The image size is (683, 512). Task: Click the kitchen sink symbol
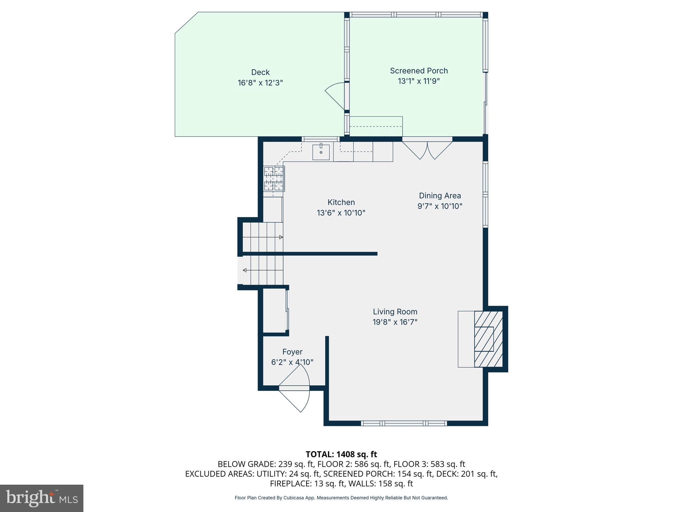[321, 152]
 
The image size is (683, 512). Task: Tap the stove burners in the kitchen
[274, 179]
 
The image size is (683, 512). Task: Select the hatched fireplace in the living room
[488, 339]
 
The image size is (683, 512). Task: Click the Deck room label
[260, 72]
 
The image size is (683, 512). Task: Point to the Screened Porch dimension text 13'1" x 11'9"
[419, 81]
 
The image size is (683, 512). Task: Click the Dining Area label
[440, 196]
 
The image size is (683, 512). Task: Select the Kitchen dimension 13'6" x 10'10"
[341, 213]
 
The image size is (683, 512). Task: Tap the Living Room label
[395, 312]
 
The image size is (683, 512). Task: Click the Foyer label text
[292, 352]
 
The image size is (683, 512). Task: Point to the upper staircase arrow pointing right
[281, 237]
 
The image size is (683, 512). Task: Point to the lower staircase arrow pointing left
[245, 270]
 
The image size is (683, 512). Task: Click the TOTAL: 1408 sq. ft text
[341, 454]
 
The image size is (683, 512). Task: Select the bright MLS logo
[41, 498]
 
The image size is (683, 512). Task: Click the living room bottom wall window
[404, 423]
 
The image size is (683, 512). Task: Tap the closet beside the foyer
[275, 310]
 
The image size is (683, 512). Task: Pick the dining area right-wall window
[485, 194]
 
